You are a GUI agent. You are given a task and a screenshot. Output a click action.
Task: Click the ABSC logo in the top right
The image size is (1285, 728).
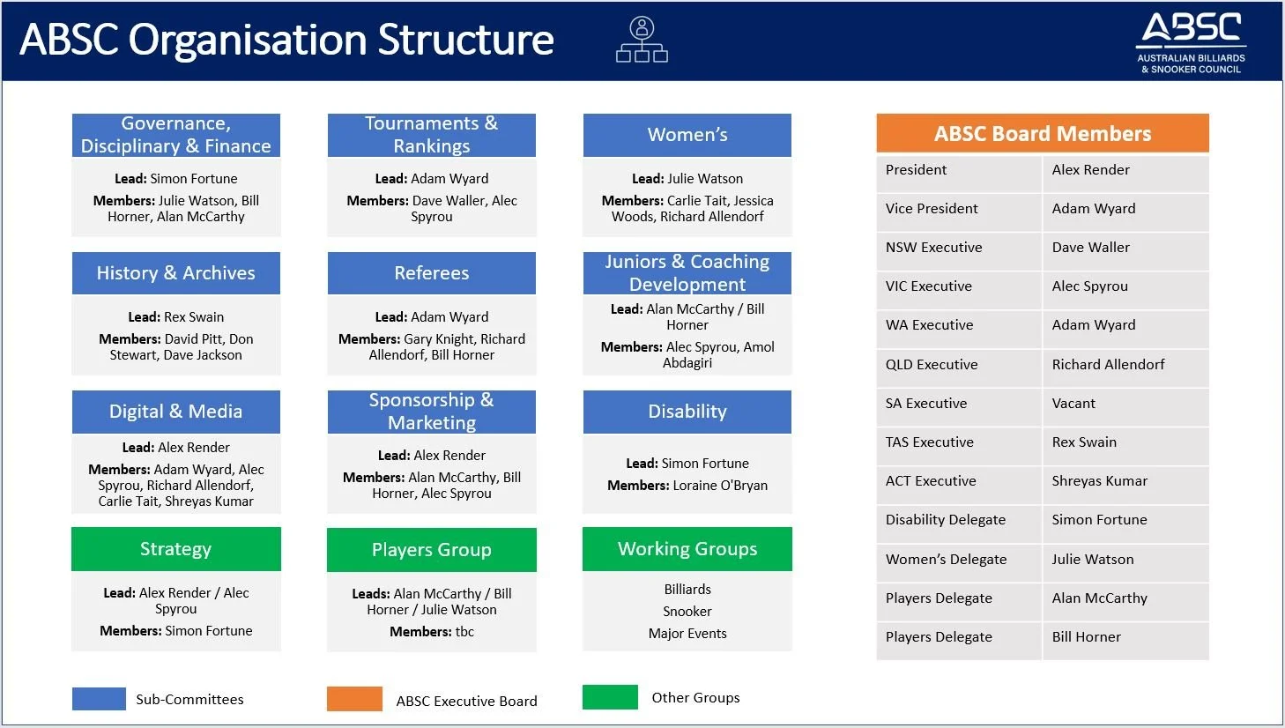click(1192, 41)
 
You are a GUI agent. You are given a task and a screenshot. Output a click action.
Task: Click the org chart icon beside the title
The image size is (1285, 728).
click(642, 40)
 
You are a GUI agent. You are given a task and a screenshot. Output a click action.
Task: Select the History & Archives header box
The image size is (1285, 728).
click(176, 273)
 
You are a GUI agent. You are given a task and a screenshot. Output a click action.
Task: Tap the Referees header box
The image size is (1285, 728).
click(432, 273)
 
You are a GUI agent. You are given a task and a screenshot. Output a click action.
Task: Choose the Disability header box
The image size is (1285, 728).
click(687, 412)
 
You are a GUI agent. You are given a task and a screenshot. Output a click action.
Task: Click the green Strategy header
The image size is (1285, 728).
click(176, 549)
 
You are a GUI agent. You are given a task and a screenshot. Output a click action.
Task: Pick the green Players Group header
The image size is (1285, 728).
click(432, 550)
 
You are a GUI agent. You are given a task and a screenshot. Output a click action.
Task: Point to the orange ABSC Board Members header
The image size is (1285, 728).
click(1043, 133)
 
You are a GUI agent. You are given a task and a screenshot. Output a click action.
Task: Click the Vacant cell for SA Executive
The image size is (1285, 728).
click(1073, 404)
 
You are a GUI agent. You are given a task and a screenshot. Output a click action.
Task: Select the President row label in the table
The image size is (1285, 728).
click(916, 170)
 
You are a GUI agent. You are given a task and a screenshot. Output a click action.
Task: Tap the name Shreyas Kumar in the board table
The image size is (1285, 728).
click(1099, 481)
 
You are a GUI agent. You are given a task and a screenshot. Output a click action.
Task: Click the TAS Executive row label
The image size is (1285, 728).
click(929, 442)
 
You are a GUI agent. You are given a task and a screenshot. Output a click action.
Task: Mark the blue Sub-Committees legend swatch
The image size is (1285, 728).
click(99, 699)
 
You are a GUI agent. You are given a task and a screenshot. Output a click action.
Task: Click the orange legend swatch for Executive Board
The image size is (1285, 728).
click(354, 699)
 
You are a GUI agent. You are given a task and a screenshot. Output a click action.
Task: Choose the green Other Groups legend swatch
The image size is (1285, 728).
click(610, 697)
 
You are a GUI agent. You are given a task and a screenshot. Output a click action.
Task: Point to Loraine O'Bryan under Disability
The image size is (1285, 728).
click(720, 486)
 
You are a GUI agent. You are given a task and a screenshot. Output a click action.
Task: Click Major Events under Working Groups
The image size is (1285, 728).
click(687, 634)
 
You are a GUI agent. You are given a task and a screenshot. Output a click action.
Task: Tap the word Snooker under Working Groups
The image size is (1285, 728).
click(687, 612)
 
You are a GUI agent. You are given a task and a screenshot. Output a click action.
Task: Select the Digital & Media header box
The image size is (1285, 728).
click(176, 412)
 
